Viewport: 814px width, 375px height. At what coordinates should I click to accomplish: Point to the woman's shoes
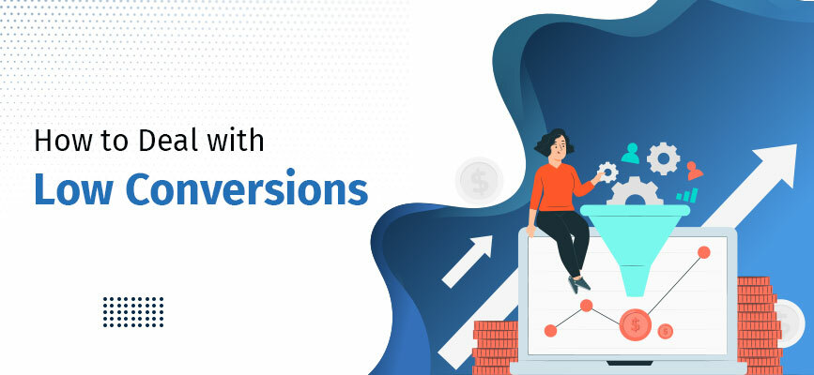tap(578, 280)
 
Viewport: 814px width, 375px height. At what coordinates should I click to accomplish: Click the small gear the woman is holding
tap(607, 172)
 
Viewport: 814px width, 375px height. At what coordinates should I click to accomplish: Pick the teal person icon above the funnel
tap(630, 152)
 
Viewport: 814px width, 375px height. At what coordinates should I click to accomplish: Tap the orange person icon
tap(694, 170)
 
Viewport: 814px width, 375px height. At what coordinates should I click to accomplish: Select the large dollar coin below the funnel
tap(636, 324)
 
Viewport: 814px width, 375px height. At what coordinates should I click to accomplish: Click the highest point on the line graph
tap(702, 252)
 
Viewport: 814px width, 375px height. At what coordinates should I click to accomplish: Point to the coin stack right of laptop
tap(756, 319)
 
